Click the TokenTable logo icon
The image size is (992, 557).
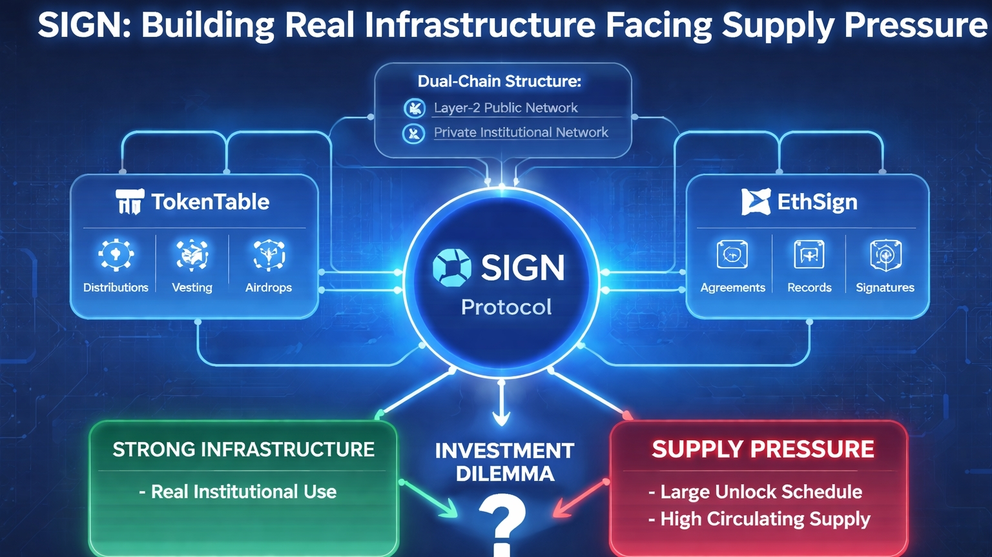tap(129, 201)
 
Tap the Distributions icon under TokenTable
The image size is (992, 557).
tap(116, 254)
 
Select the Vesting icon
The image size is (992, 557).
tap(192, 254)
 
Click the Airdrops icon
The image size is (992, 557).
tap(269, 254)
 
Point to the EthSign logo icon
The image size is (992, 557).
tap(756, 202)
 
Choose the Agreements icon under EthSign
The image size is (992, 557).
tap(732, 254)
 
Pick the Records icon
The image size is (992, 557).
tap(809, 254)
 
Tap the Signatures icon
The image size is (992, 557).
tap(885, 254)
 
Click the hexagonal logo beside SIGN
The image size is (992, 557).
tap(452, 267)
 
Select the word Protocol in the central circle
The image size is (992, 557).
tap(506, 307)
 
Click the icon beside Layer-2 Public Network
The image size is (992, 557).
tap(414, 108)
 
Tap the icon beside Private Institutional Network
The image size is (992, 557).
tap(414, 133)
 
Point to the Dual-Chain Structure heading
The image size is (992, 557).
tap(499, 81)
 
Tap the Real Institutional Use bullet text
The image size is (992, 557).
tap(243, 492)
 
